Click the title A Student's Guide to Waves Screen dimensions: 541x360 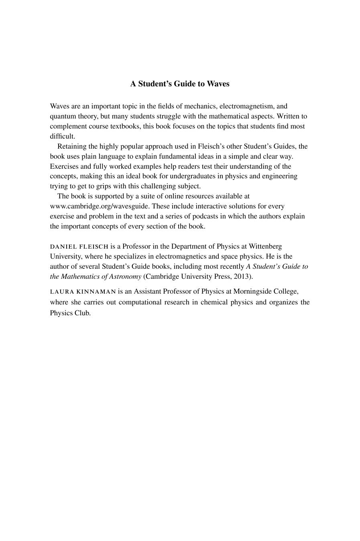(x=180, y=84)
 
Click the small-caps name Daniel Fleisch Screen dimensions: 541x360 (x=79, y=247)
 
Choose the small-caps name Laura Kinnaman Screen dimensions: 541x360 (x=83, y=292)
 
